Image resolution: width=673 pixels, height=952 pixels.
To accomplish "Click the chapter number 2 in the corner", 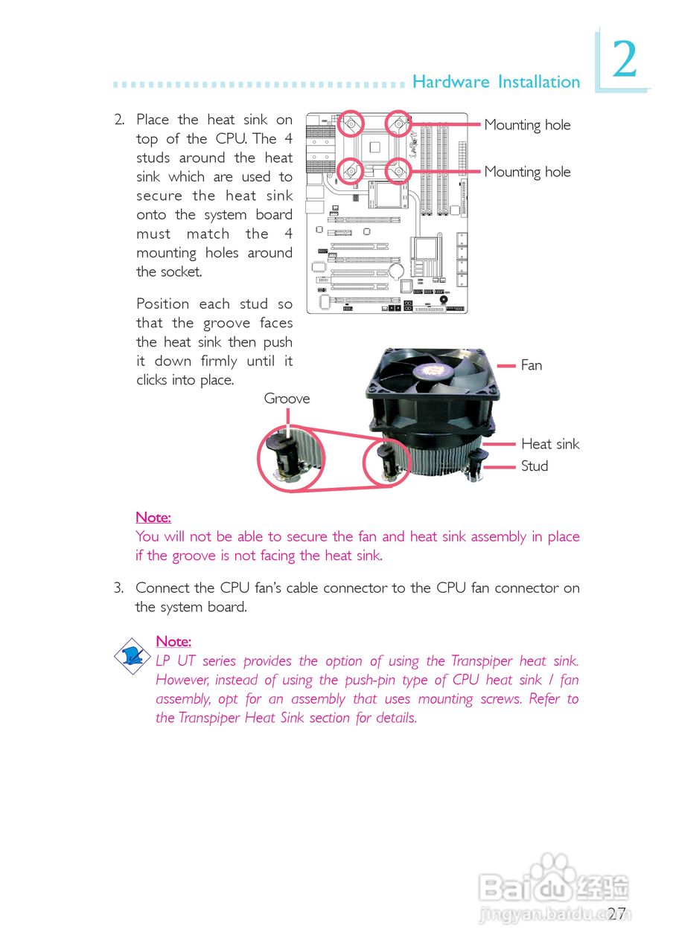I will [x=625, y=61].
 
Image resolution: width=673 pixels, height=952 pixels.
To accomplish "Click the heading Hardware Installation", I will [x=496, y=82].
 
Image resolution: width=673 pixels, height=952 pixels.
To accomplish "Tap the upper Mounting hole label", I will [x=527, y=125].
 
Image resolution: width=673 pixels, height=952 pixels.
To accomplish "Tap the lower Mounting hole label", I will [x=527, y=172].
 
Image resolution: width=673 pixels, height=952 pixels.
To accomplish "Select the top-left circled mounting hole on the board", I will [x=352, y=123].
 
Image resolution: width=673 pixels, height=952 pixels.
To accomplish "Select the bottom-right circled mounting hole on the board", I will [x=398, y=172].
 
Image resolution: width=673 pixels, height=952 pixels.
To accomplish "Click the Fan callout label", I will [x=532, y=365].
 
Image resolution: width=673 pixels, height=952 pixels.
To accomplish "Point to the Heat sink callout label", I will [x=549, y=444].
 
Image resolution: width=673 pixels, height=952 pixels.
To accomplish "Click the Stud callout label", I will [x=535, y=466].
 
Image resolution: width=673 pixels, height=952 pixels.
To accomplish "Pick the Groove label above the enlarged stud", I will [x=287, y=399].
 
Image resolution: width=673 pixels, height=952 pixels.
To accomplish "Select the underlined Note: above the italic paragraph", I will [x=173, y=641].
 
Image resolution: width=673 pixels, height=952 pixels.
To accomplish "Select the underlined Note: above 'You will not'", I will [x=153, y=517].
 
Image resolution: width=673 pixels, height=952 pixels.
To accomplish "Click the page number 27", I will [x=616, y=914].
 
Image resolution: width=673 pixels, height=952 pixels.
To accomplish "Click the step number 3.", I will [x=118, y=588].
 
